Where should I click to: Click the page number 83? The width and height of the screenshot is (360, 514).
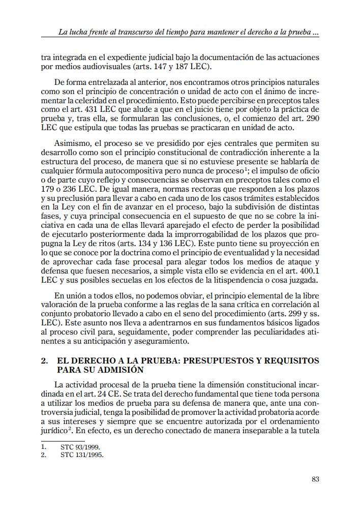(315, 479)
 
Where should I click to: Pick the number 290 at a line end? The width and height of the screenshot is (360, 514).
(312, 118)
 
